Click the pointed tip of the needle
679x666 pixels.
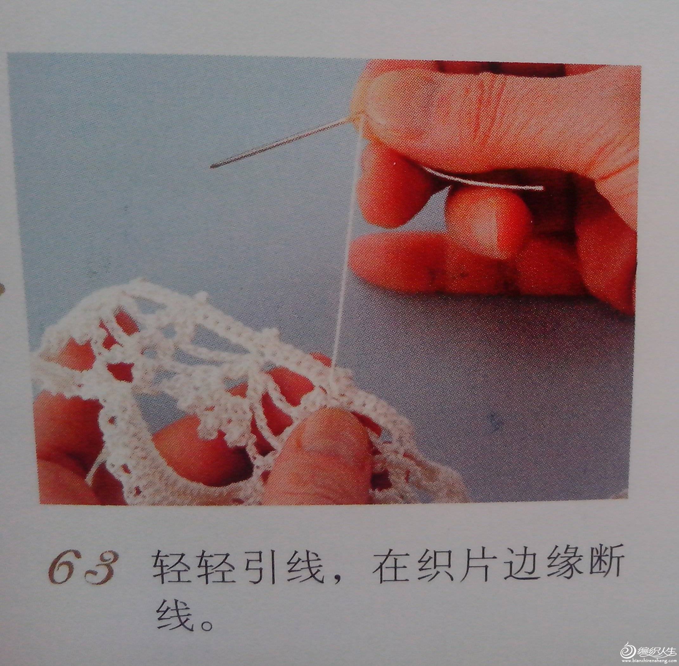211,167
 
